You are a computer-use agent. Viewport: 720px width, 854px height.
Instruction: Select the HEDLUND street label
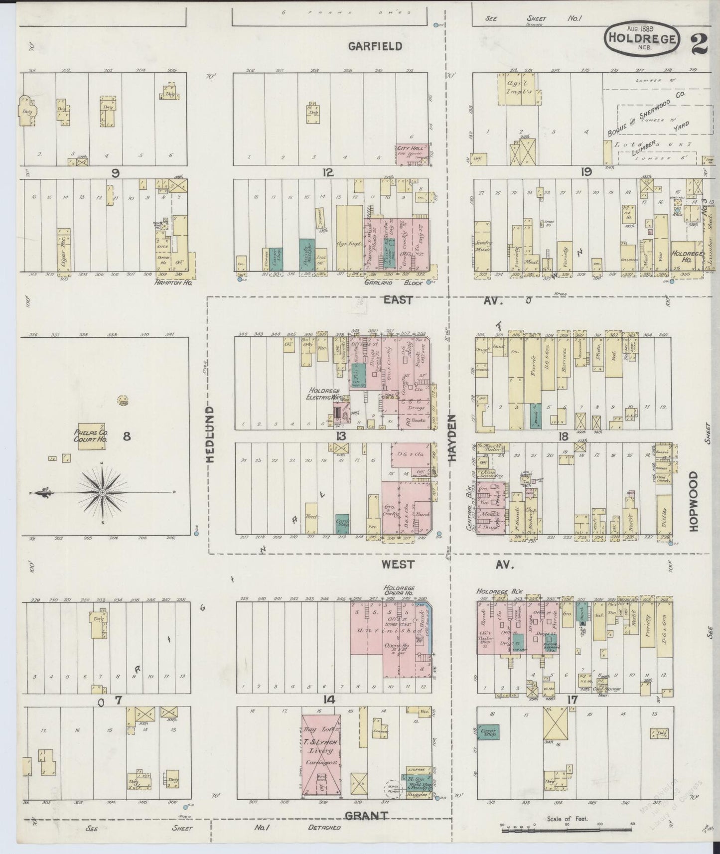tap(210, 434)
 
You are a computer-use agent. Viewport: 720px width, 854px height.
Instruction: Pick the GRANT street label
tap(366, 816)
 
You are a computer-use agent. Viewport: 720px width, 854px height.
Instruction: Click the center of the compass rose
tap(102, 492)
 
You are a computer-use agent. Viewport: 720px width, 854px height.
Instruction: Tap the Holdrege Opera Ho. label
tap(399, 591)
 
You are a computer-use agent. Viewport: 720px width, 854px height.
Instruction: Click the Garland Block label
tap(400, 283)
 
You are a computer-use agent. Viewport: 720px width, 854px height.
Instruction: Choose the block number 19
tap(585, 172)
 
